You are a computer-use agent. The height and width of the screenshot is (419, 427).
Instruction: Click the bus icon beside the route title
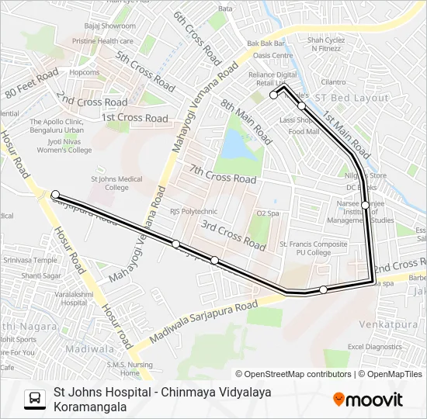click(35, 399)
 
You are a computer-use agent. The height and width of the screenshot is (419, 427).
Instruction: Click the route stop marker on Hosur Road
click(55, 194)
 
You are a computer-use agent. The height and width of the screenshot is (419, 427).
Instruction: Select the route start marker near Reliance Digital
click(273, 95)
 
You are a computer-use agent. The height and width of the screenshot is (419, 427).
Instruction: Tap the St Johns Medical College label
click(116, 183)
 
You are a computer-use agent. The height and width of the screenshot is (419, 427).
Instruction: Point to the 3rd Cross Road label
click(234, 234)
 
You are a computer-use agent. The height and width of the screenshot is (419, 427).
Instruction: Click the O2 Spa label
click(267, 213)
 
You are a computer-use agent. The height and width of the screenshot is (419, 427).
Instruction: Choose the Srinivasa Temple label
click(29, 261)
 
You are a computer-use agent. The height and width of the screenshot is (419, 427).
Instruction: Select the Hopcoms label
click(85, 72)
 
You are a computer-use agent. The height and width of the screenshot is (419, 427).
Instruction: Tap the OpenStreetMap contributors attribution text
click(293, 374)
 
